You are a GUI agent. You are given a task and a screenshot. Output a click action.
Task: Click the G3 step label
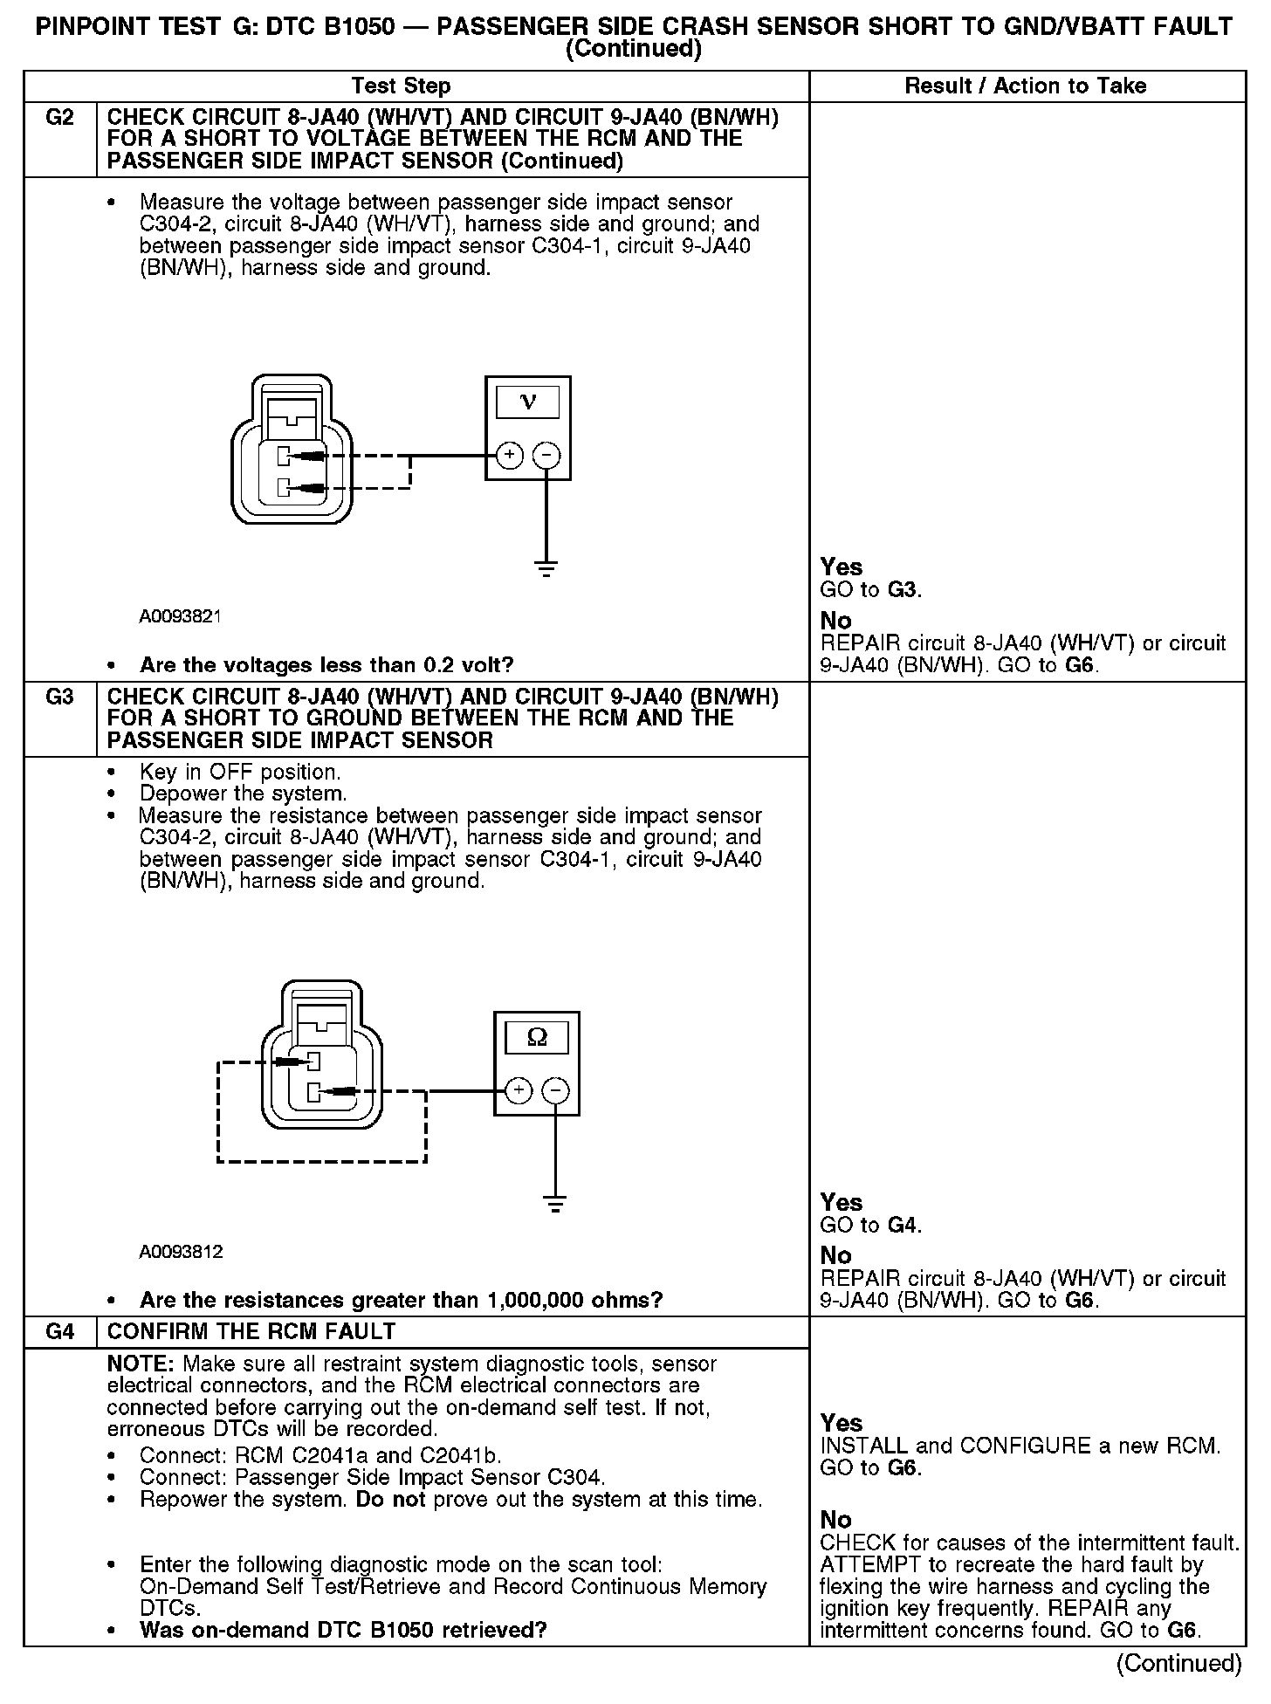pos(59,697)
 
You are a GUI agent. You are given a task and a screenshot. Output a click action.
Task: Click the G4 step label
pos(59,1331)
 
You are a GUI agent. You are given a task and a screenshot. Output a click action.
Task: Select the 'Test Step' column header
pos(401,86)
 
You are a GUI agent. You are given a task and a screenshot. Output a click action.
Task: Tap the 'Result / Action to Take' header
pos(1025,86)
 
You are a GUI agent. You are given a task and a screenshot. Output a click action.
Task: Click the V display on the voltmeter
pos(527,402)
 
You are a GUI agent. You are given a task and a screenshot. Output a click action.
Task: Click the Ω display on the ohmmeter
pos(537,1037)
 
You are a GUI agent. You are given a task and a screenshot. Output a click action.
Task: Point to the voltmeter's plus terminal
pos(510,455)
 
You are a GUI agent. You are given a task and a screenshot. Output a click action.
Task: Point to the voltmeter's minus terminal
pos(546,455)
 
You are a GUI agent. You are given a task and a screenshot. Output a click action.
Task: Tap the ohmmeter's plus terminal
pos(519,1090)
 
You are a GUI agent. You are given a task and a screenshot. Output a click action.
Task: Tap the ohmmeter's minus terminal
pos(555,1090)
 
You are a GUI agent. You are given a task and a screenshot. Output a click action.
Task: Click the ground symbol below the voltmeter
pos(546,568)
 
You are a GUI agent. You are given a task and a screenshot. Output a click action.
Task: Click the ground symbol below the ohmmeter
pos(555,1204)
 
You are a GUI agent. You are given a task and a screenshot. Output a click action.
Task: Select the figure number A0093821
pos(181,616)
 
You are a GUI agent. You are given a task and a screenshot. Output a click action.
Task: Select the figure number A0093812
pos(181,1252)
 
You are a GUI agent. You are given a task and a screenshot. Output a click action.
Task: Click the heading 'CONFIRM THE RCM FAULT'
pos(251,1331)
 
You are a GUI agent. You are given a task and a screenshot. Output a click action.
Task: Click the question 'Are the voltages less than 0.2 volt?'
pos(326,665)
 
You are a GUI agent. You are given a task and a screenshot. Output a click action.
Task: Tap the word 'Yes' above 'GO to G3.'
pos(842,567)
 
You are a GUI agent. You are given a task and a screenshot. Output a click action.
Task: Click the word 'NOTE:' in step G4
pos(141,1364)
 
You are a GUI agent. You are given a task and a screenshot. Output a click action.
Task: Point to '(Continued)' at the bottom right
pos(1178,1663)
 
